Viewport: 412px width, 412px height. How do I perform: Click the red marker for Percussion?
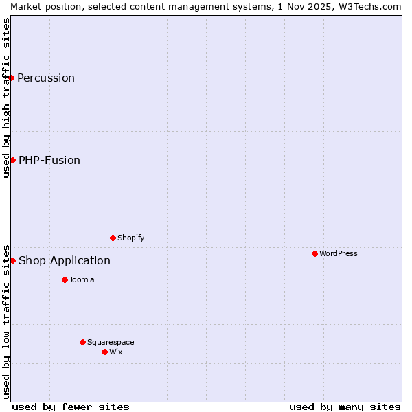click(x=12, y=78)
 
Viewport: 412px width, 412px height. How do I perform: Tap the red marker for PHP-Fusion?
click(x=12, y=160)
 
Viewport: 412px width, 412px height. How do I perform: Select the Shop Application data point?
click(x=12, y=260)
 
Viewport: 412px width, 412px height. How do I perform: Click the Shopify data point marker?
click(x=113, y=238)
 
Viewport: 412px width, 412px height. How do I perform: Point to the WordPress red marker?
click(x=314, y=253)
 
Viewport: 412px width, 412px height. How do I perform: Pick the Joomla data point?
click(x=65, y=279)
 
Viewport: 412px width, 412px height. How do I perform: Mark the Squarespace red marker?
click(x=82, y=342)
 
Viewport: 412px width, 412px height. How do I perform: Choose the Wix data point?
click(x=104, y=352)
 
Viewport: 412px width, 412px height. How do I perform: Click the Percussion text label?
click(x=46, y=78)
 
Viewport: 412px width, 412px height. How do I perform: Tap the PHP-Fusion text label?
click(x=49, y=160)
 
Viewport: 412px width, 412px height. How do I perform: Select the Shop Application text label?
click(x=65, y=260)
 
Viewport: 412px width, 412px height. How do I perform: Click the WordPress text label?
click(x=339, y=253)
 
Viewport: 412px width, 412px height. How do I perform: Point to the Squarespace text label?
click(x=111, y=342)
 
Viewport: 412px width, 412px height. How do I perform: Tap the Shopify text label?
click(x=130, y=238)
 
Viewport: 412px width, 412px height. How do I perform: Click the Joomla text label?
click(x=82, y=279)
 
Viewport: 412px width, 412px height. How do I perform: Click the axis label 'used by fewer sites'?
click(x=71, y=407)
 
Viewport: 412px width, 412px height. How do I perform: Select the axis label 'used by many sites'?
click(x=345, y=407)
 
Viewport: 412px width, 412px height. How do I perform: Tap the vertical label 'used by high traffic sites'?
click(x=6, y=98)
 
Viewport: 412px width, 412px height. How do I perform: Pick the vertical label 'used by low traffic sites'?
click(x=6, y=321)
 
